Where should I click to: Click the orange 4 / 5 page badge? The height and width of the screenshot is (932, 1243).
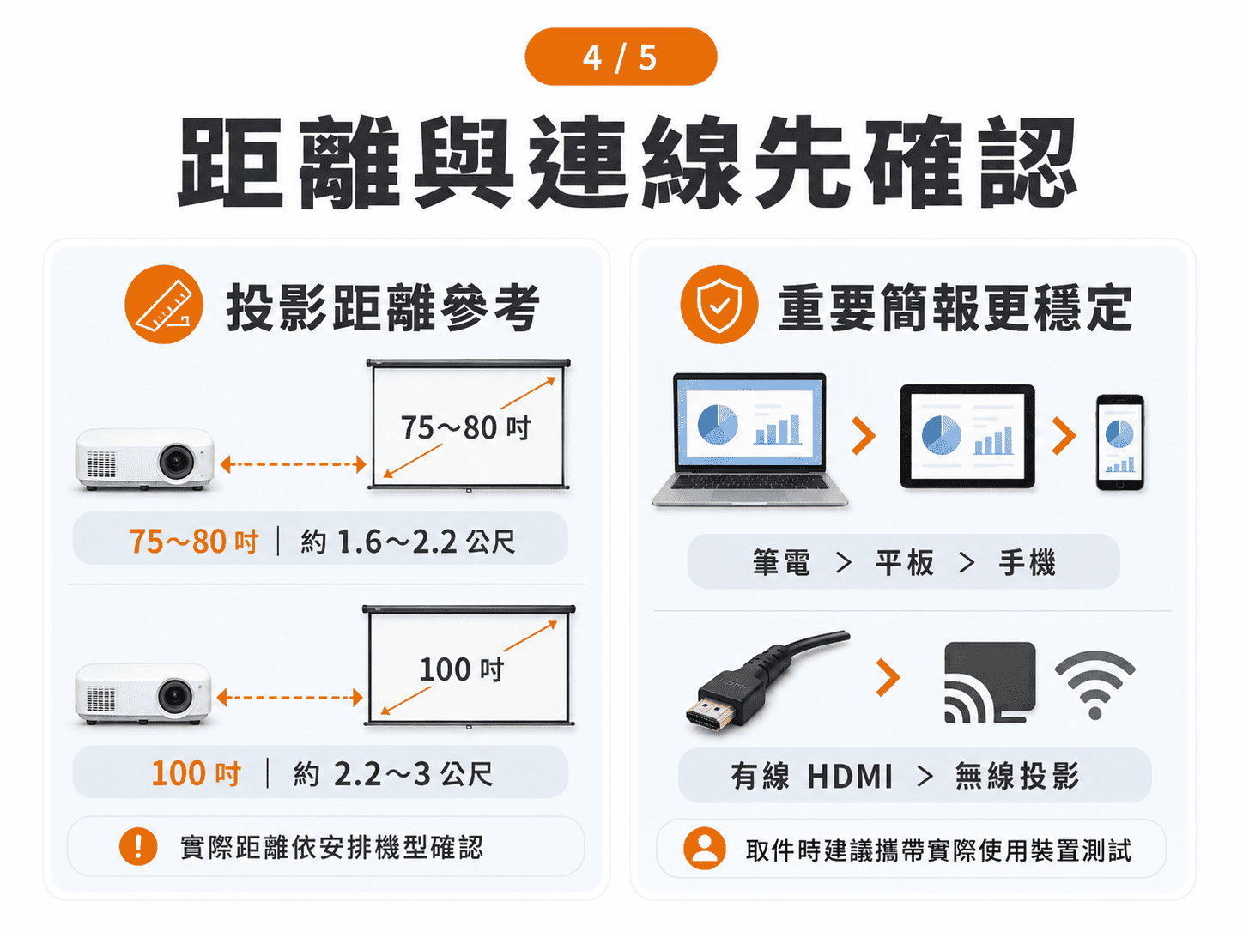621,57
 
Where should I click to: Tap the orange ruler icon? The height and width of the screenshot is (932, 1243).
164,304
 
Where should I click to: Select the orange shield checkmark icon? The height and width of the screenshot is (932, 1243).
719,305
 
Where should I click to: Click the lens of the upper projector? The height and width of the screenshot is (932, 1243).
177,462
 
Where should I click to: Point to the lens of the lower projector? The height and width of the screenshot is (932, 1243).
174,696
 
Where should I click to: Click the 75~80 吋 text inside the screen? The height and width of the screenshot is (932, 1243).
465,427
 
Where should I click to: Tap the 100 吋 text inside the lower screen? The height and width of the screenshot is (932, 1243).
461,669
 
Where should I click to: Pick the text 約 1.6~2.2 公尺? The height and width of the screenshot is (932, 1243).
408,542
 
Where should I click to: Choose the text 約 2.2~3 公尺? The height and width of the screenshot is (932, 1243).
393,773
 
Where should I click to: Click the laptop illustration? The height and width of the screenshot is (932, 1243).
749,439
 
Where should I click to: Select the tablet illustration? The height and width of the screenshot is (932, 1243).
967,436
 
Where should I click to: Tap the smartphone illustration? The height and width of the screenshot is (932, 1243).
1119,443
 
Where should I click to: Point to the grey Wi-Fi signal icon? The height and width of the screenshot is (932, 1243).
1094,685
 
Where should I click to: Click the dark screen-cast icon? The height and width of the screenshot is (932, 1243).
990,682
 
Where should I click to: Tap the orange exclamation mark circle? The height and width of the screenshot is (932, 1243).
138,846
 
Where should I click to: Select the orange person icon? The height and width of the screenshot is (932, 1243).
705,848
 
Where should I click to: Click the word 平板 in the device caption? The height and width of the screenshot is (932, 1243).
905,563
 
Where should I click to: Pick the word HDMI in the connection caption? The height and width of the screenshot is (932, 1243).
850,776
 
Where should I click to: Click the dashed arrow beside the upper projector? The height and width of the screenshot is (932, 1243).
294,464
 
